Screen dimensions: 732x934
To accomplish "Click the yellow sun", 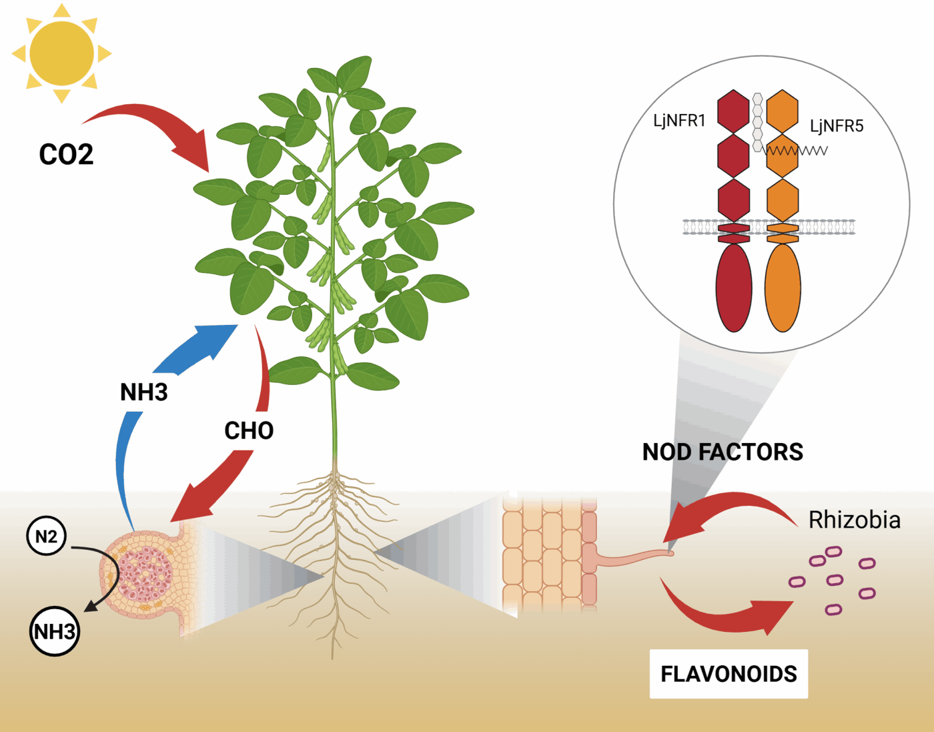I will pos(61,53).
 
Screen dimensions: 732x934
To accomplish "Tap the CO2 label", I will pos(66,155).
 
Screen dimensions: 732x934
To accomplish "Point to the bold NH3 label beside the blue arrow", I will pos(143,392).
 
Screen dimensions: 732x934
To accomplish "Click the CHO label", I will pos(249,431).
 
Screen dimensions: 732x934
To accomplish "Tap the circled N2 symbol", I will pos(46,536).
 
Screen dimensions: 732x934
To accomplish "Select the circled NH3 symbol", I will pos(55,631).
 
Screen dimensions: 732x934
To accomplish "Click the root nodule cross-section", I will pos(143,574).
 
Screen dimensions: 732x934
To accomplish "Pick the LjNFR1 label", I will pos(679,121).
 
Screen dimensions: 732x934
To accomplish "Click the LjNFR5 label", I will pos(837,126).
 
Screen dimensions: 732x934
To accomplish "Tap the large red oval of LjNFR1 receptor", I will pos(734,288).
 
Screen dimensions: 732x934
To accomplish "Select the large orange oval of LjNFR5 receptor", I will pos(783,288).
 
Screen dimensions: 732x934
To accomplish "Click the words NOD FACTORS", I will pos(723,452).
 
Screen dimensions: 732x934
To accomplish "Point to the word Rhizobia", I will pos(855,520).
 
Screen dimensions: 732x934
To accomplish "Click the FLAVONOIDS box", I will pos(729,674).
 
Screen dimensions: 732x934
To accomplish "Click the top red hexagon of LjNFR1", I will pos(733,111).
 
